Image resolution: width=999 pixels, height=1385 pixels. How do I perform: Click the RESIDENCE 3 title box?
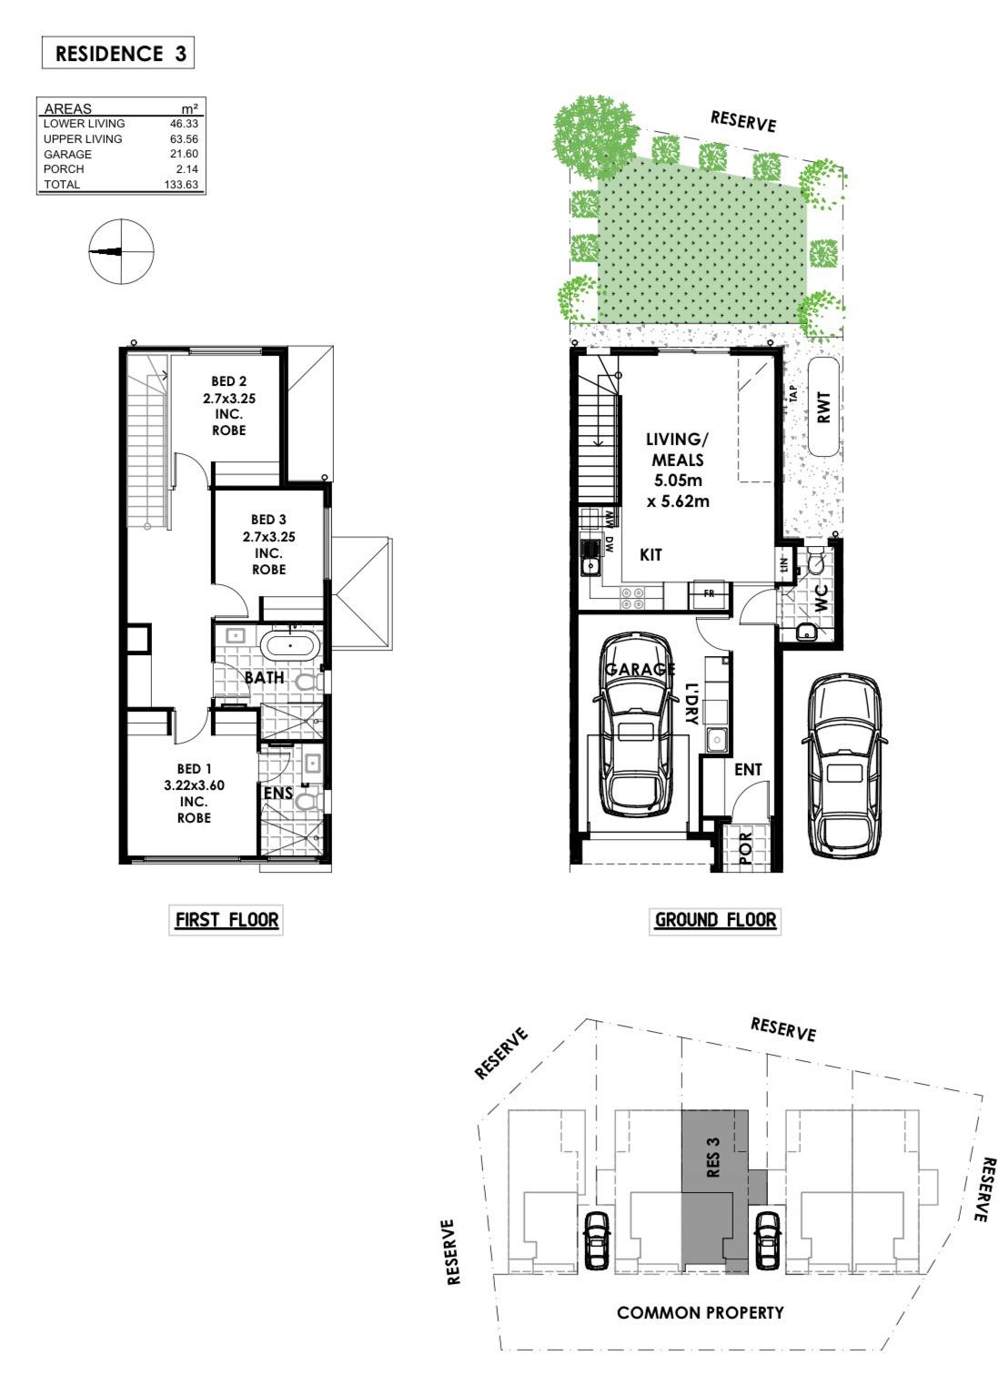[118, 53]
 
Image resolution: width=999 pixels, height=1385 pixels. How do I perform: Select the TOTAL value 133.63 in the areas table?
[180, 184]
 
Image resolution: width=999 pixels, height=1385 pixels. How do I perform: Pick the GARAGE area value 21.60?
[184, 154]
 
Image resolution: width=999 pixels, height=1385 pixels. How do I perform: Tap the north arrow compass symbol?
[121, 251]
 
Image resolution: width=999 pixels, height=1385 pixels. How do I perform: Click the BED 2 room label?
[228, 406]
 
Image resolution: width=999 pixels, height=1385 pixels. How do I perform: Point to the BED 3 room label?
[268, 544]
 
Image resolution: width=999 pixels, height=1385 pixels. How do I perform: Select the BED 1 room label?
[194, 793]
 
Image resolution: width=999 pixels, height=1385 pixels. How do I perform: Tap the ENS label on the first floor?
[278, 792]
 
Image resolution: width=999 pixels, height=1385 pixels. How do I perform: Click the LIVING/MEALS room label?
[678, 470]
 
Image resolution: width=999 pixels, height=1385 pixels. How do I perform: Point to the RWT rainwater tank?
[823, 407]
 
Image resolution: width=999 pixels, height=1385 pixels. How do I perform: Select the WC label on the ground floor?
[821, 598]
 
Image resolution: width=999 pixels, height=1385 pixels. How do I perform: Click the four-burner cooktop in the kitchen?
[633, 598]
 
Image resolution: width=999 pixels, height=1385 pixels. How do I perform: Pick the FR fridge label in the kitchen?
[709, 593]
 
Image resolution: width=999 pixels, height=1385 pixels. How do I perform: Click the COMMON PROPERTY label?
[700, 1312]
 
